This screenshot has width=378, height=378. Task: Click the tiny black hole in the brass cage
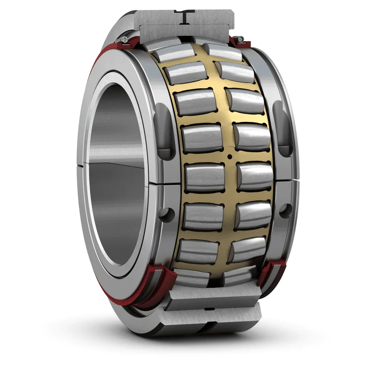point(229,156)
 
